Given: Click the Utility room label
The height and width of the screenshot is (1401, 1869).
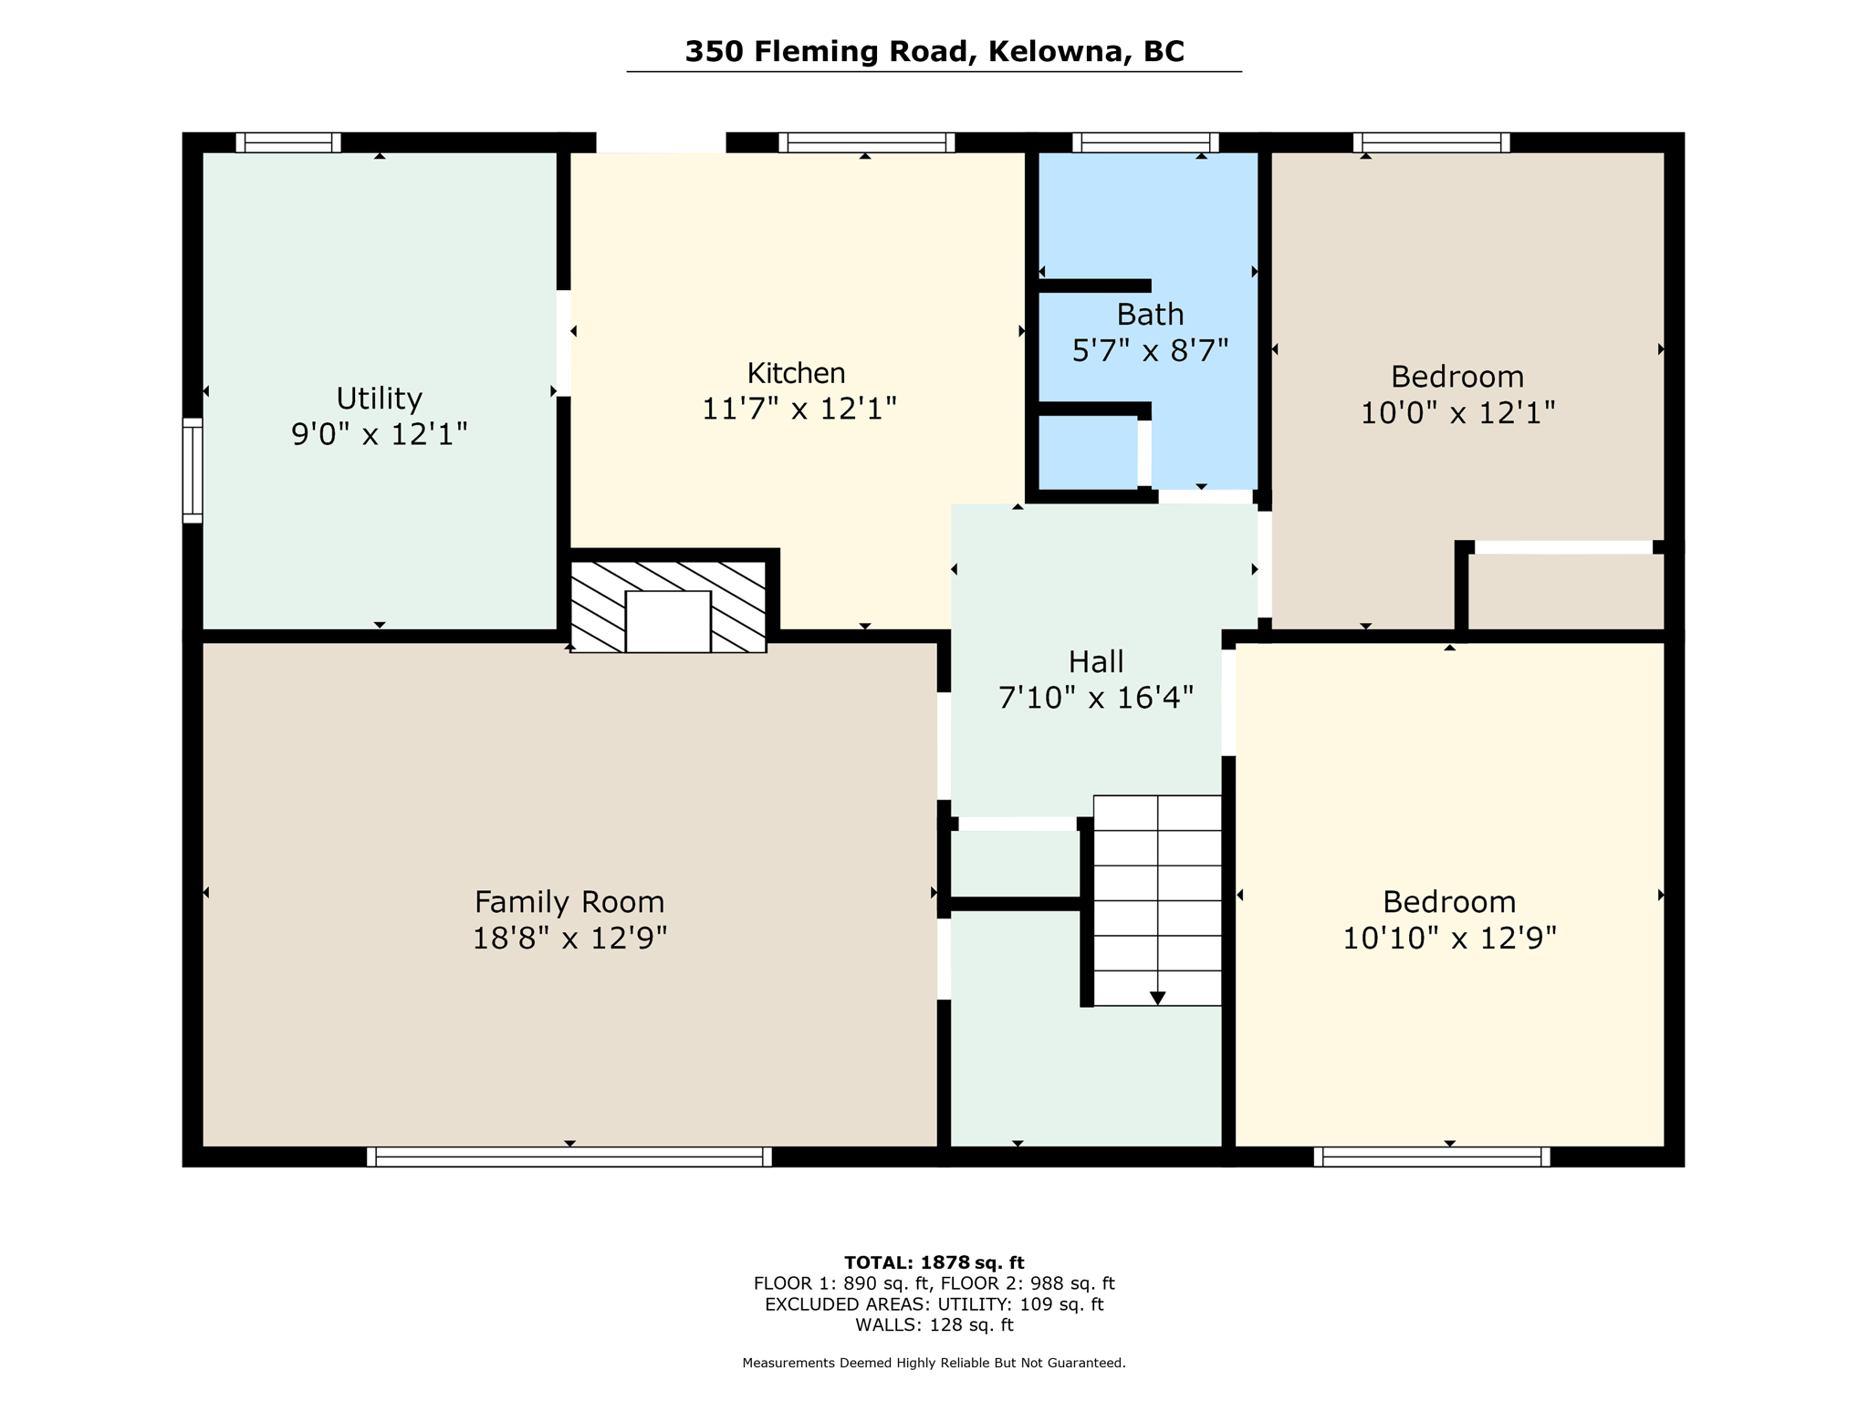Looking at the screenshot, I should point(379,399).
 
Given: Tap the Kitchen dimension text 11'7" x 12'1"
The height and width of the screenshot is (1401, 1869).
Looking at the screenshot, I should point(799,409).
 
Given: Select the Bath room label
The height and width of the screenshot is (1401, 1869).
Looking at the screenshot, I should point(1150,315).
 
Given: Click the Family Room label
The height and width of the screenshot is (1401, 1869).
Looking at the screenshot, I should point(569,902).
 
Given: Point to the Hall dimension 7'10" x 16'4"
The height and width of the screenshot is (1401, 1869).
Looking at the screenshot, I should point(1095,699).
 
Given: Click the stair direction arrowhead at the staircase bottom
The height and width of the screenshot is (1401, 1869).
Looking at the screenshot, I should point(1157,998).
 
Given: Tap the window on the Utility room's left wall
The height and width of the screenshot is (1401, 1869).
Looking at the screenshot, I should point(193,471).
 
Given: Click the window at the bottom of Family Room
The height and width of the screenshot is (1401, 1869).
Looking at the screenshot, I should point(569,1157).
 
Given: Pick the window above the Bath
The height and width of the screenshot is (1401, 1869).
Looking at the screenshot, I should point(1145,142).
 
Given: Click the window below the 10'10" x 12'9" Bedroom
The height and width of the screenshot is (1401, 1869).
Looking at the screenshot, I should point(1431,1157).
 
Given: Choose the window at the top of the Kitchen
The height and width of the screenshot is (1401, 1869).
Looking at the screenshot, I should point(866,142).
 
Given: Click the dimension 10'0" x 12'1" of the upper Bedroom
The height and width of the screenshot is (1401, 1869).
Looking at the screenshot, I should point(1457,413).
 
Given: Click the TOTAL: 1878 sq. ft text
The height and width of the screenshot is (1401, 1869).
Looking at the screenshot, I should point(934,1262).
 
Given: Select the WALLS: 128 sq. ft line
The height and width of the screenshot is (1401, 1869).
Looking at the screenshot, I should point(934,1325).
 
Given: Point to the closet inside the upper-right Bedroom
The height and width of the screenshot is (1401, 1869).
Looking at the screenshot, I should point(1566,591).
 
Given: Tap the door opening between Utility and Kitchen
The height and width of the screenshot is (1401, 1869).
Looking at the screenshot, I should point(564,343).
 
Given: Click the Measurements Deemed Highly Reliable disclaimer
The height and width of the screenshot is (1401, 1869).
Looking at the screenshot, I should point(934,1363).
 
